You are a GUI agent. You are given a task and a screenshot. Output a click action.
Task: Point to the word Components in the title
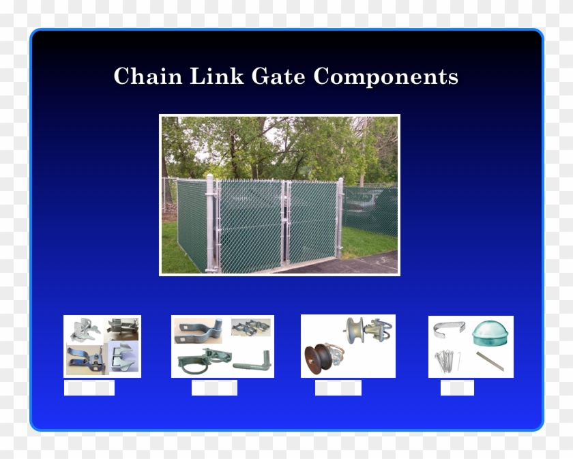(x=385, y=76)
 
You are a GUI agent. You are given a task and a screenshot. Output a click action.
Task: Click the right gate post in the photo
(x=340, y=217)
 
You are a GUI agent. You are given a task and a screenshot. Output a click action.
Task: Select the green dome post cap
(x=491, y=332)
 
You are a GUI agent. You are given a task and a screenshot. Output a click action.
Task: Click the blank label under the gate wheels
(x=338, y=388)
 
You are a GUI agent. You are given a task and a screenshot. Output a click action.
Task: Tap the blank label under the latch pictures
(x=89, y=388)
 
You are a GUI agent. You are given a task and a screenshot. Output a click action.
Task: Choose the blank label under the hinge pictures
(x=214, y=388)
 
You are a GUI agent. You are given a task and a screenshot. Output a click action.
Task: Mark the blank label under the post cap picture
(x=457, y=388)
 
